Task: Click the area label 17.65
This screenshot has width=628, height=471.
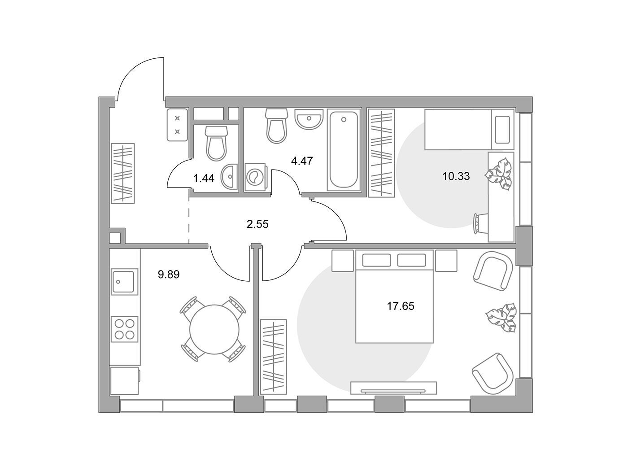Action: [x=401, y=306]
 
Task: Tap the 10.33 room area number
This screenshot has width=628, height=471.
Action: [x=456, y=176]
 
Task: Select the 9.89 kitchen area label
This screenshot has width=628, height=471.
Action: [x=169, y=275]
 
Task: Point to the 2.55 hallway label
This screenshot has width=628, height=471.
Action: [x=257, y=224]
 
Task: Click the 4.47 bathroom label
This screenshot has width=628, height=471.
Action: [x=302, y=161]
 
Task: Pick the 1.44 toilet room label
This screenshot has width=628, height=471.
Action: [x=204, y=179]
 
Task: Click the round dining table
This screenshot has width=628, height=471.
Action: [x=214, y=329]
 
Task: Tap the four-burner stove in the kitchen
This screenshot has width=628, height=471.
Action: [x=124, y=329]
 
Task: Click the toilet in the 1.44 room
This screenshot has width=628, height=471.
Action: [x=216, y=144]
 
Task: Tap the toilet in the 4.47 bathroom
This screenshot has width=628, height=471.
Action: [x=276, y=126]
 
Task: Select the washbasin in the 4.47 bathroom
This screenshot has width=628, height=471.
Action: [x=309, y=118]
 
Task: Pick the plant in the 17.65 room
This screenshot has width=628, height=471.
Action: [x=501, y=318]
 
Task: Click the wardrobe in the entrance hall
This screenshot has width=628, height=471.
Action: [x=123, y=174]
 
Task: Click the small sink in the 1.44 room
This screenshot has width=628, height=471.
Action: [x=230, y=177]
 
